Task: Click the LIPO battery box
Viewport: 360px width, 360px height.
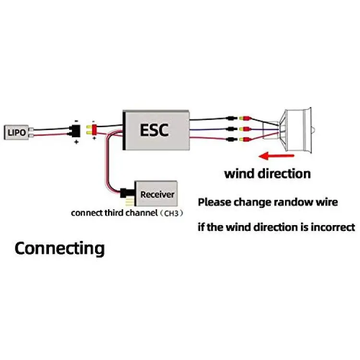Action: click(17, 131)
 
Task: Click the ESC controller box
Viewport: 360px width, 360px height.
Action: click(155, 129)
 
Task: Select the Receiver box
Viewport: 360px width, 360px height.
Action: click(156, 194)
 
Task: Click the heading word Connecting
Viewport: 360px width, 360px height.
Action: click(60, 249)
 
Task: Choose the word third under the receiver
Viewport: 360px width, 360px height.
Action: click(115, 213)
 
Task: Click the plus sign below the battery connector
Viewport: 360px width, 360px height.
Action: click(76, 142)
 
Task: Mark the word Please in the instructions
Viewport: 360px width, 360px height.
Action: click(214, 202)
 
